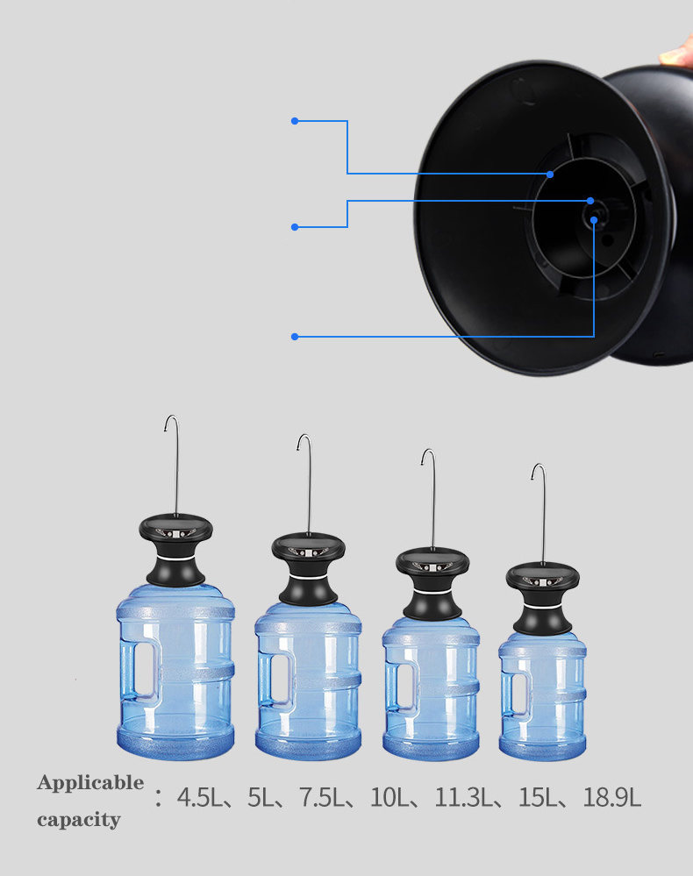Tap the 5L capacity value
261,798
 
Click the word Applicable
90,782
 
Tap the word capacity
79,821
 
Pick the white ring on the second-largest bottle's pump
308,579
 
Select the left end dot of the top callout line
295,121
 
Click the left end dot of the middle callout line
295,227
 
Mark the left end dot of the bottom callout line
295,336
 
